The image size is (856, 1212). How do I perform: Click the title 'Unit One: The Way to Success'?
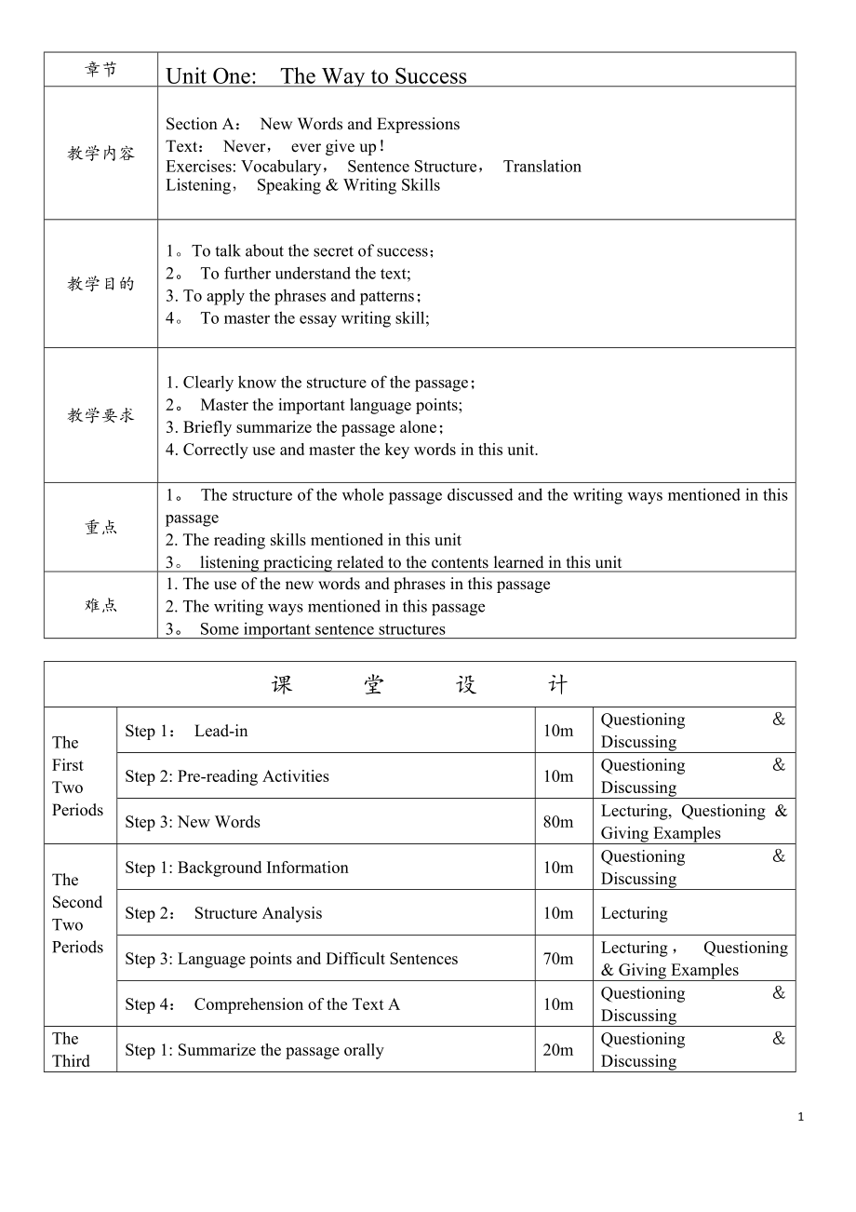[x=316, y=76]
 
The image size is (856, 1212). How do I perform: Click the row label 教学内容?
[x=100, y=154]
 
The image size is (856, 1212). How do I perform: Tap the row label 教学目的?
[x=100, y=284]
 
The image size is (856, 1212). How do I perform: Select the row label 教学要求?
[x=100, y=415]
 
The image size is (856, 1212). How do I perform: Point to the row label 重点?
[x=100, y=527]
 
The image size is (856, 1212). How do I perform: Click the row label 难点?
[x=100, y=605]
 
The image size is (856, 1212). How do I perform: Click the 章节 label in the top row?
[x=100, y=70]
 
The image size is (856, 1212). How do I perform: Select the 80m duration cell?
[x=558, y=822]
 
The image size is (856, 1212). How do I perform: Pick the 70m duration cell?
[x=558, y=959]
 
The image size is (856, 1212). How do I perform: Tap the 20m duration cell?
[x=558, y=1050]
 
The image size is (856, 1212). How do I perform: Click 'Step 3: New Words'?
[x=193, y=822]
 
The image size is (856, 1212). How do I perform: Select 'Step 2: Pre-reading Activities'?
[x=227, y=776]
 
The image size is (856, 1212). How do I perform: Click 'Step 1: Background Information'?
[x=236, y=868]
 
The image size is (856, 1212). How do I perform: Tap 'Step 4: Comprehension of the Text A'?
[x=262, y=1004]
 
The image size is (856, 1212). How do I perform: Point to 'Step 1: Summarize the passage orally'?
[x=254, y=1050]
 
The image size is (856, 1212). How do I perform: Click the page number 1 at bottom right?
[x=801, y=1117]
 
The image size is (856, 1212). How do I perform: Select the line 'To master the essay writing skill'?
[x=314, y=318]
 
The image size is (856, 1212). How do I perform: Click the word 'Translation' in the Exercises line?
[x=542, y=167]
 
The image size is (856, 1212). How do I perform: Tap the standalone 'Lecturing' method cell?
[x=634, y=913]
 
